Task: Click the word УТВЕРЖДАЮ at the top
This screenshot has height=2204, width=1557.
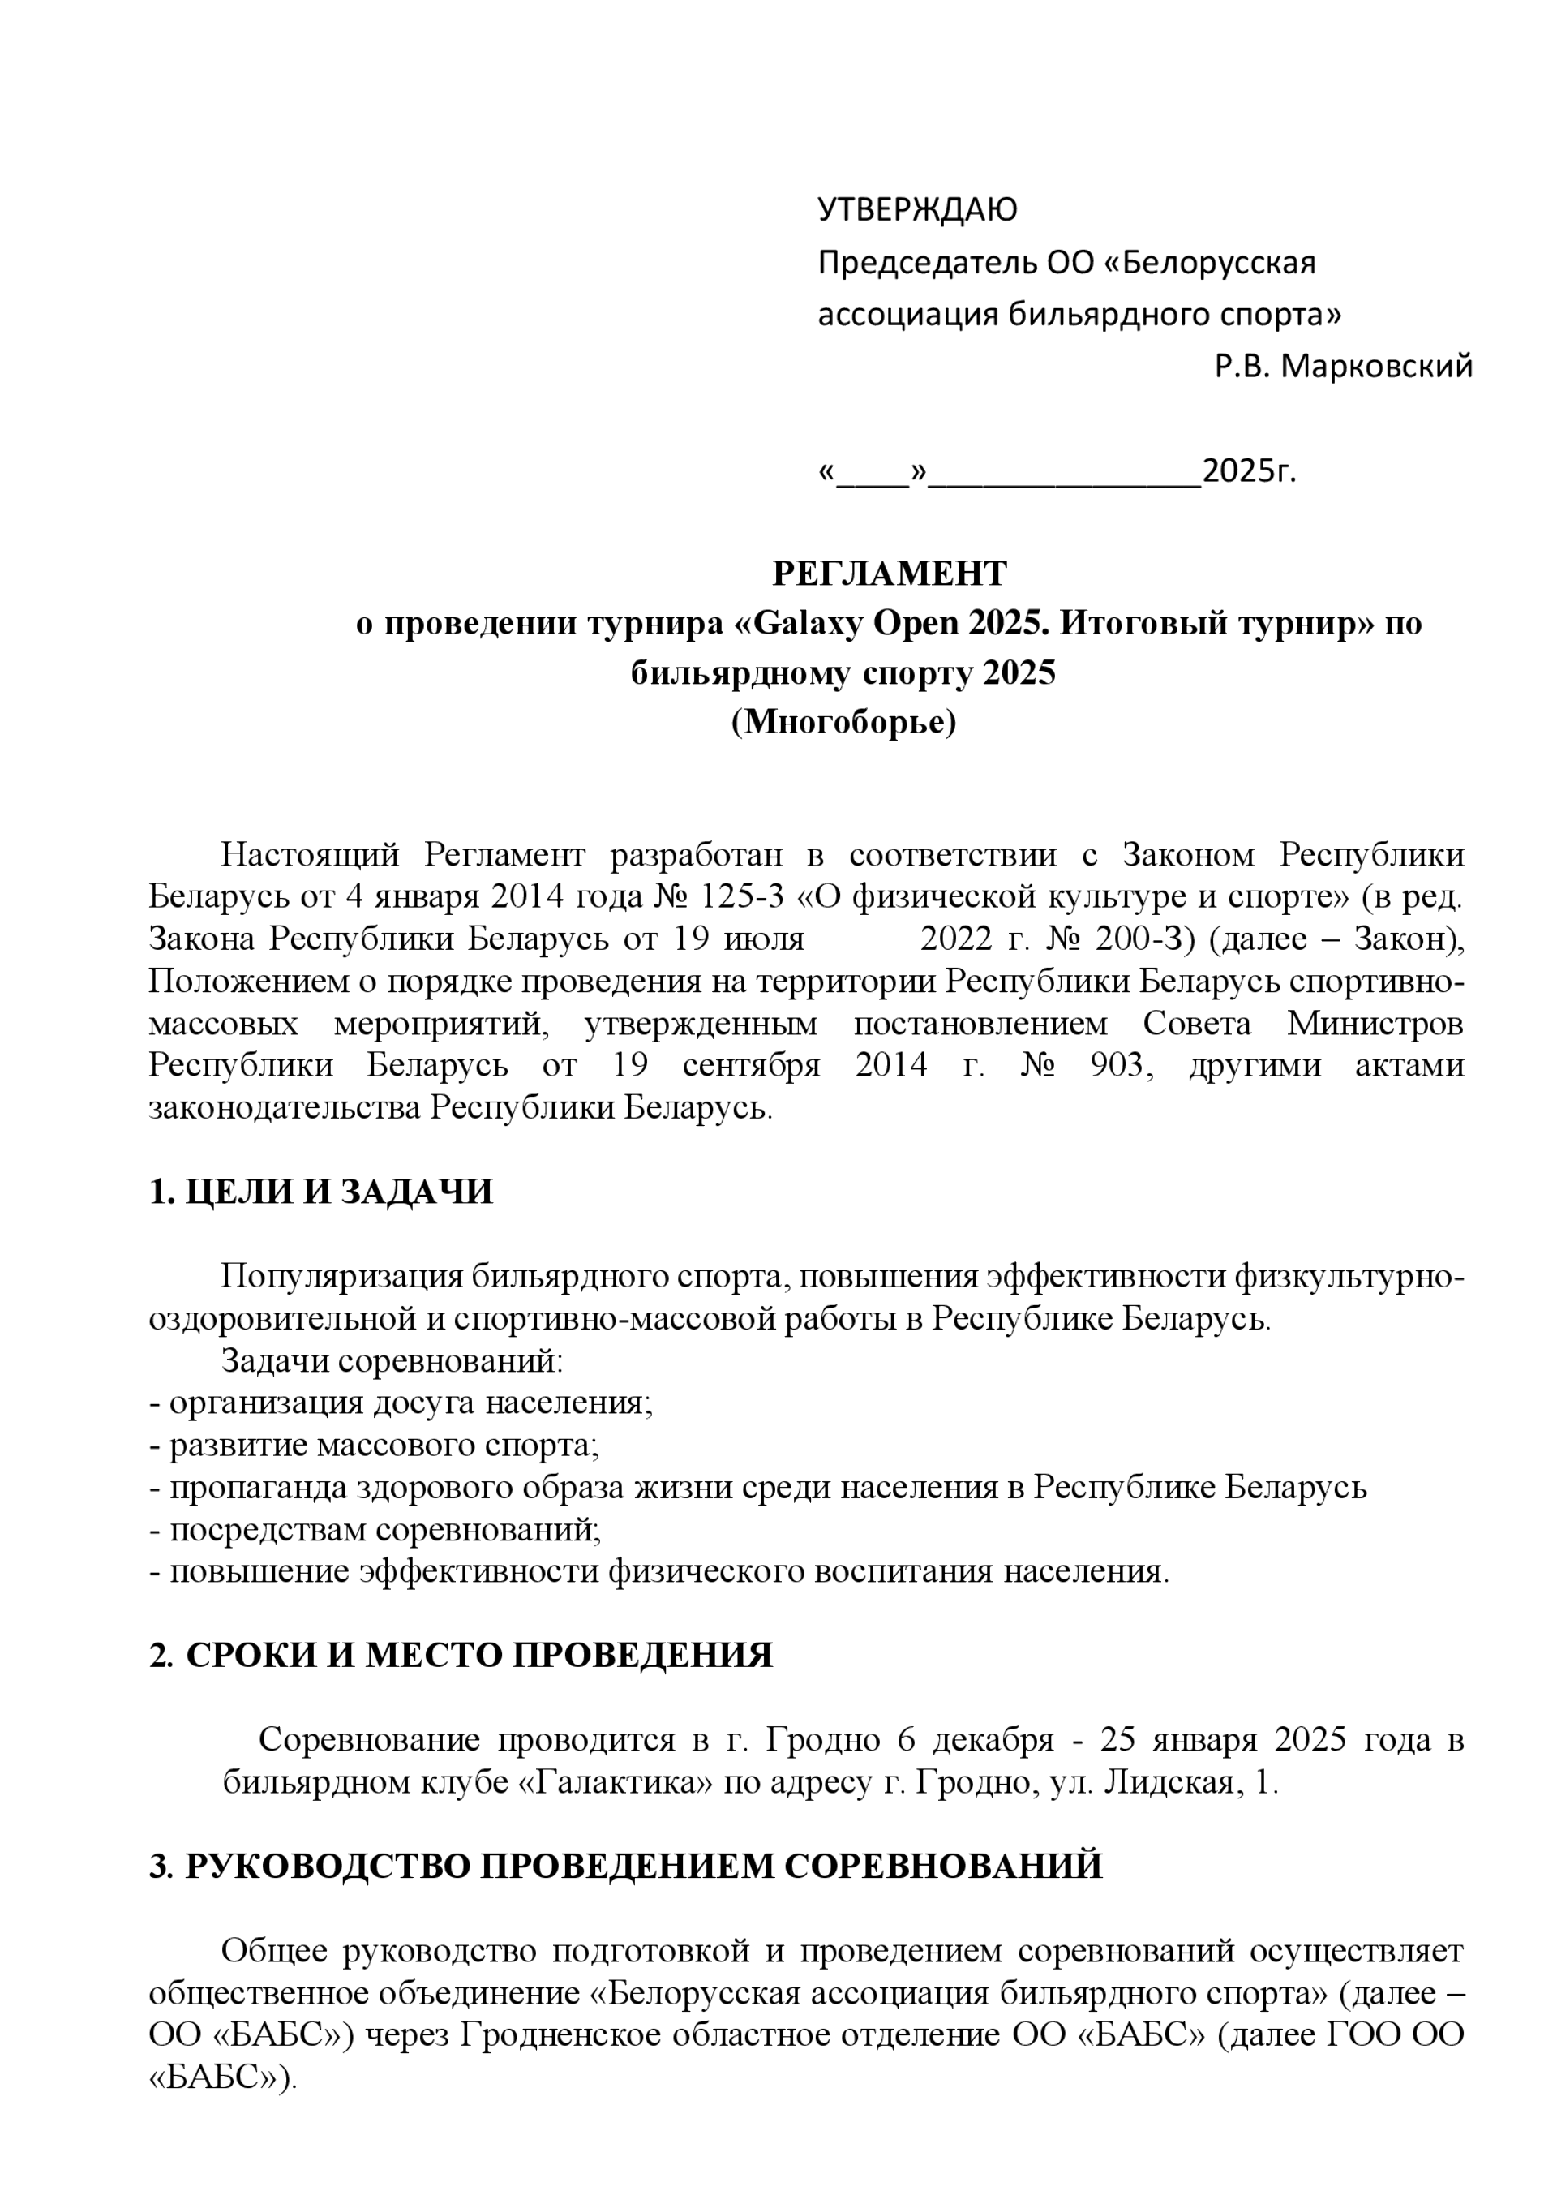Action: tap(916, 210)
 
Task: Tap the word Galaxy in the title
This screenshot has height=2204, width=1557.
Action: tap(804, 623)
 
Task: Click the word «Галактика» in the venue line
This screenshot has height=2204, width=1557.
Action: tap(616, 1783)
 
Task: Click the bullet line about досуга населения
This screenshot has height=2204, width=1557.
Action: tap(401, 1403)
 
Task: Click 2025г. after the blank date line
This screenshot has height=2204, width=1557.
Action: tap(1248, 471)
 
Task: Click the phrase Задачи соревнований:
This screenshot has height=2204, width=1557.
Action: tap(392, 1360)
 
